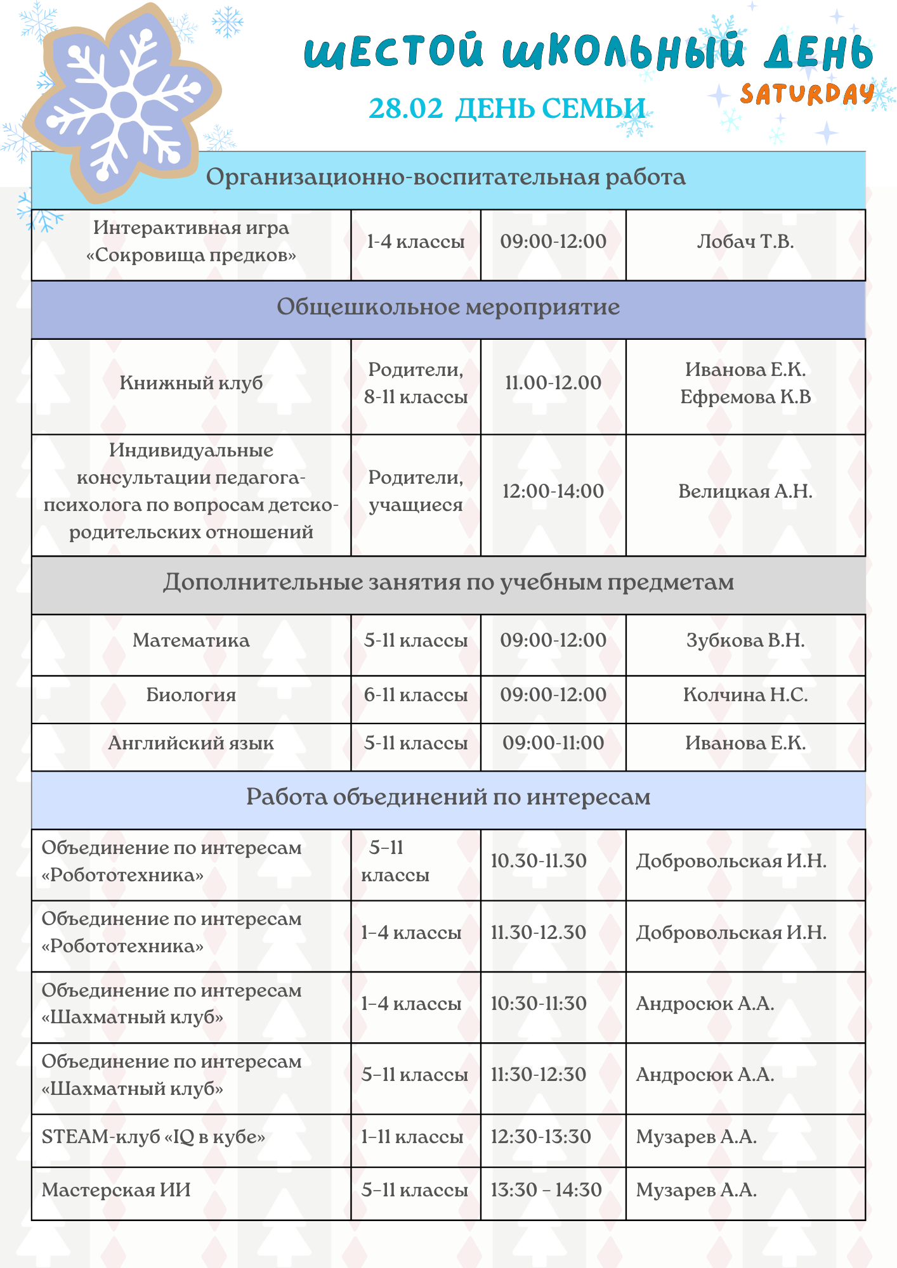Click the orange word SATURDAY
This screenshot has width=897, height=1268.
807,94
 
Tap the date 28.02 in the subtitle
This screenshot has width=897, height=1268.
405,108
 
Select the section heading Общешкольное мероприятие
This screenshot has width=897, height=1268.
448,307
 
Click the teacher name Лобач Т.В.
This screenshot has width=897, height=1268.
745,242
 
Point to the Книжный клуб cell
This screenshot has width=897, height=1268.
191,383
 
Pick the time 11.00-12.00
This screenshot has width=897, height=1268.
553,383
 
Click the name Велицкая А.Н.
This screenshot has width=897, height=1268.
745,491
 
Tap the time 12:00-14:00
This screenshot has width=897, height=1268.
553,491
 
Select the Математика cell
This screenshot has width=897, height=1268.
191,640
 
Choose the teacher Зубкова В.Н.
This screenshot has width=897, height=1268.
745,640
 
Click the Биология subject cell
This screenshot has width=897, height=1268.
191,695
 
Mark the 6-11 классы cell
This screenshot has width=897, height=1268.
416,695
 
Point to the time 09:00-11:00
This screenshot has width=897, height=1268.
553,743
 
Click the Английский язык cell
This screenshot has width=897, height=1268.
191,743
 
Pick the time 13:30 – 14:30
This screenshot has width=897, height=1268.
546,1190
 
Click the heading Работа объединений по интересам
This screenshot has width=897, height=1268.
448,797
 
